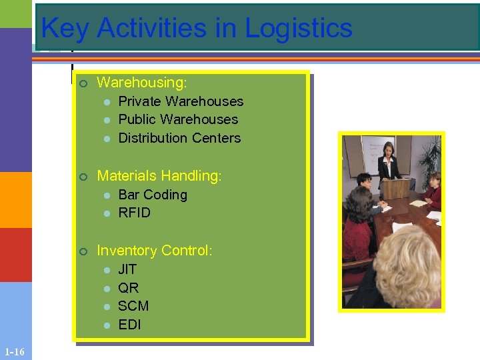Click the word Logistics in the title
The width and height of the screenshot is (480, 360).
(299, 29)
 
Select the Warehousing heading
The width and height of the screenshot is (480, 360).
(141, 83)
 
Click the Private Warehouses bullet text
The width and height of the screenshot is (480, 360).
(181, 101)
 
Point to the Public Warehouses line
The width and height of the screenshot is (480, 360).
(178, 119)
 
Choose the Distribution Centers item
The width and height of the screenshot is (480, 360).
(179, 138)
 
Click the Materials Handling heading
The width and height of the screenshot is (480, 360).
(159, 176)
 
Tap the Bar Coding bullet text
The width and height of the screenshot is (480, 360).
(153, 195)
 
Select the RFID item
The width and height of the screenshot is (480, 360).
(134, 213)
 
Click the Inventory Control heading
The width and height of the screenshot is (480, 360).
(155, 251)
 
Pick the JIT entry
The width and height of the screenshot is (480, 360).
(127, 269)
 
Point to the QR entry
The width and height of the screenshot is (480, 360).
(129, 288)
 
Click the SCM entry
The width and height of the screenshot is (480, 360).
(133, 306)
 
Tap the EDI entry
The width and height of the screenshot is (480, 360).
(129, 325)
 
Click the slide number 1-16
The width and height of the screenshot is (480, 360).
(14, 351)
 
